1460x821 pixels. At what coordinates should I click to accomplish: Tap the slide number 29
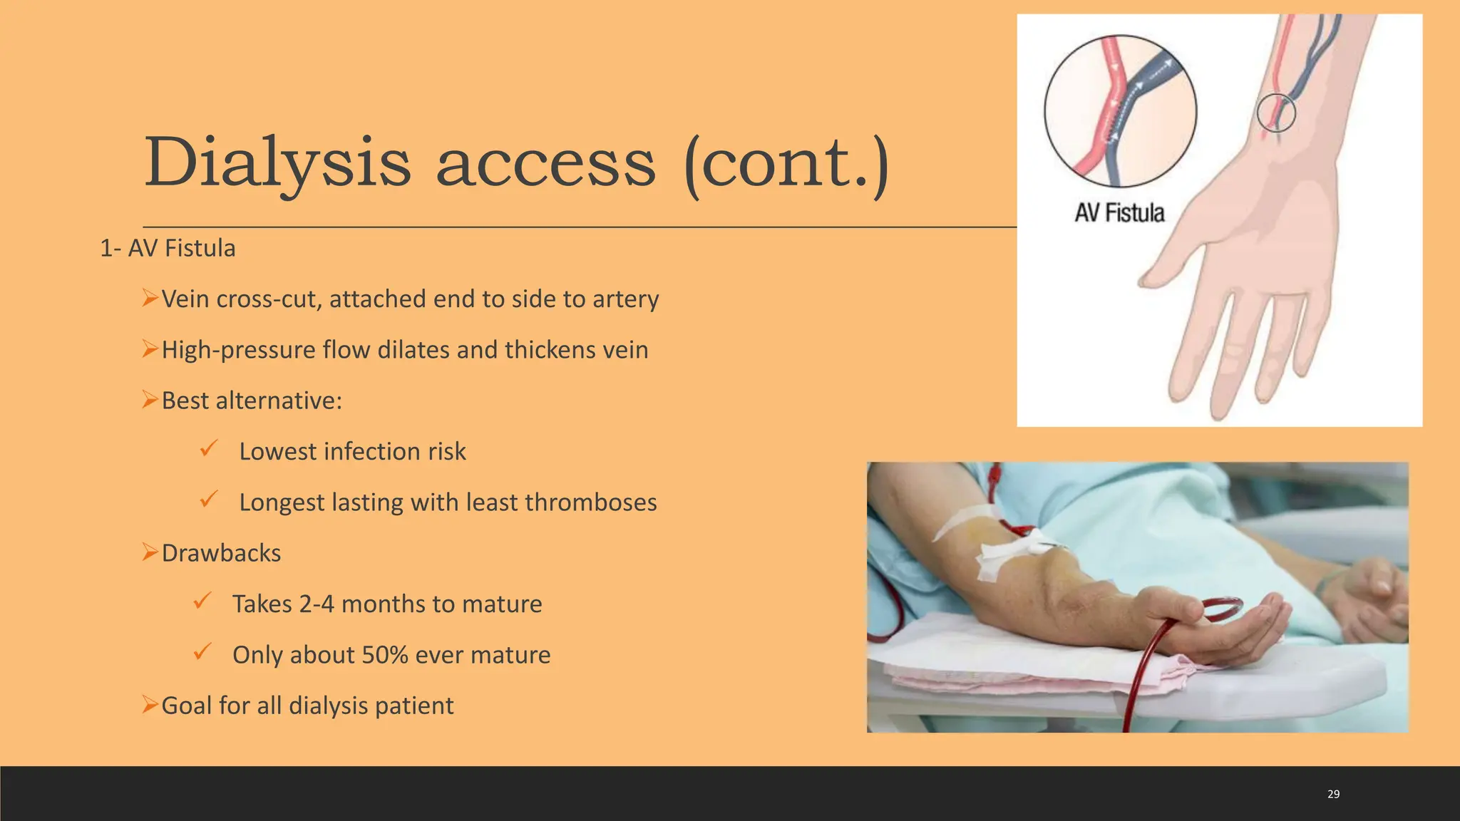1333,794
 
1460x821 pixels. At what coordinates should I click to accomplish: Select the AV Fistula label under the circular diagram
1119,212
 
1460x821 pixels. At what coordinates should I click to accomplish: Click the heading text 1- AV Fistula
168,248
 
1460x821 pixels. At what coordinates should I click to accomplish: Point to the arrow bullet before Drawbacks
149,552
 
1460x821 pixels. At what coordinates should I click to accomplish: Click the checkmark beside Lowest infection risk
208,449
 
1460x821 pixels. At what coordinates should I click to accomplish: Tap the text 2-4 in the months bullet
317,604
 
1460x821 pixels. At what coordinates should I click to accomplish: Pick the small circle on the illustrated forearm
1275,113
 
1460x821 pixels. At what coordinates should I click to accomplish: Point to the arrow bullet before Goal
149,705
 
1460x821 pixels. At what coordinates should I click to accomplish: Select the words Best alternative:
252,401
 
